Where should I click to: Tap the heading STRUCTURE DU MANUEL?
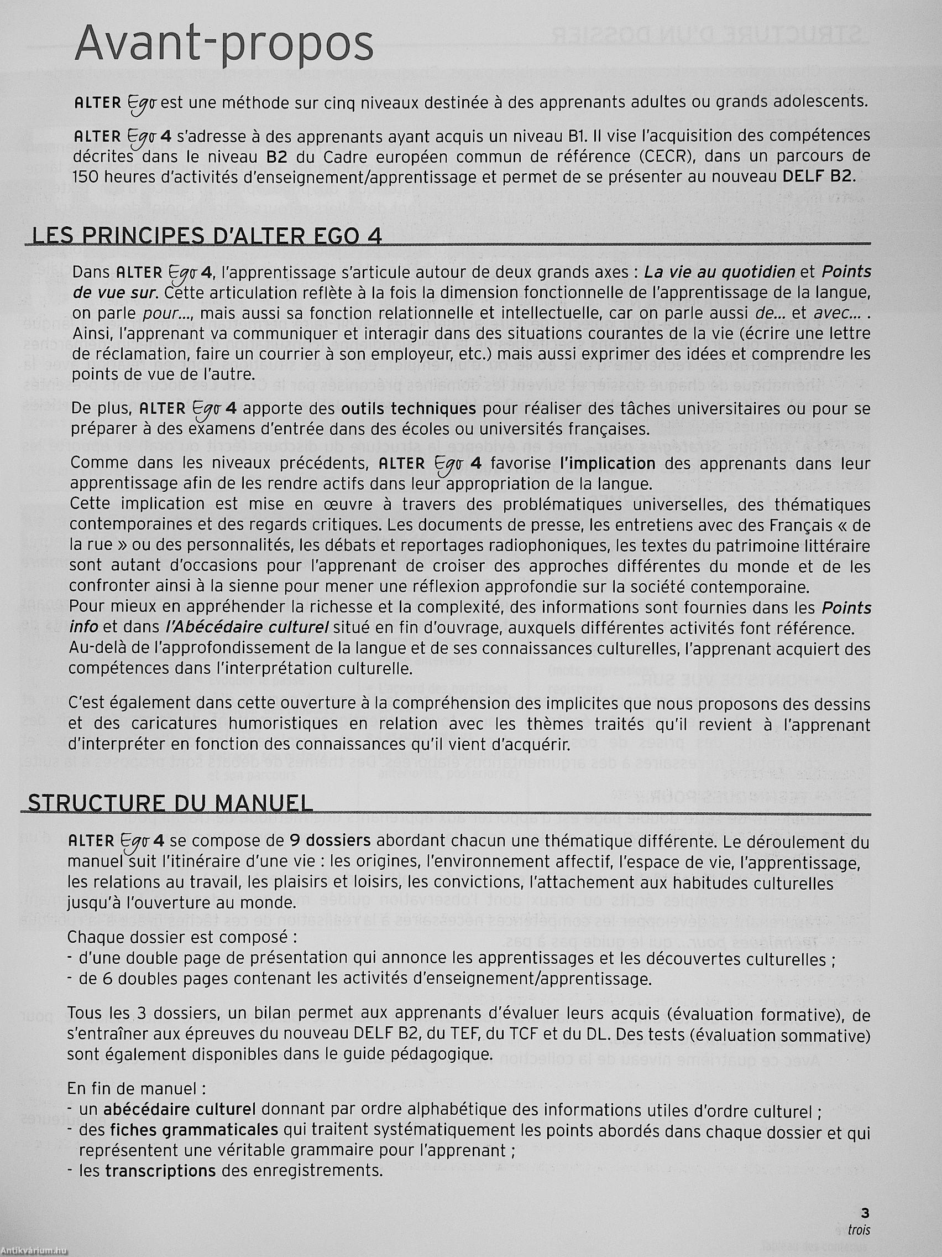point(170,802)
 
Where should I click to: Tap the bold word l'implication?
point(607,463)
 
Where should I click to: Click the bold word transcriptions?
point(160,1170)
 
